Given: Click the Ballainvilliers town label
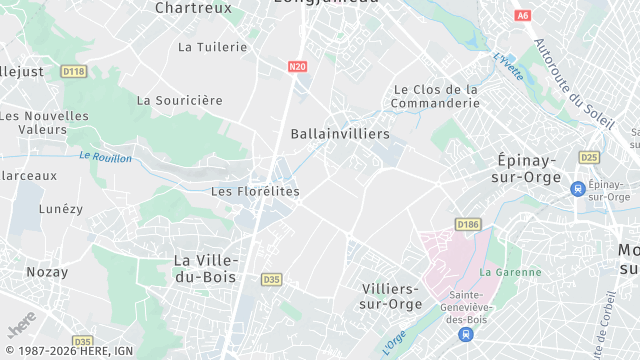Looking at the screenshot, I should click(340, 133).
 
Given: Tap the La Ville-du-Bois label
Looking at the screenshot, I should click(212, 268).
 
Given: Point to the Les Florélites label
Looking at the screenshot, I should click(255, 191).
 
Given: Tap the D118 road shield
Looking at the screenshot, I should click(73, 71).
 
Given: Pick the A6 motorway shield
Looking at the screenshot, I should click(522, 16).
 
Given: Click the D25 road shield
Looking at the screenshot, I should click(589, 157).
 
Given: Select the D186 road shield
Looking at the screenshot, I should click(466, 224).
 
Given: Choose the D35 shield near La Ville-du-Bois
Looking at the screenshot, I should click(271, 279).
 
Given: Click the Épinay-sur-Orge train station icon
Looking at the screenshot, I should click(577, 188).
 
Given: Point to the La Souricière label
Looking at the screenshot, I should click(180, 100).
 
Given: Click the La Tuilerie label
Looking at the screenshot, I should click(212, 46).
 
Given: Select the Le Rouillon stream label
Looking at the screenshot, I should click(105, 157).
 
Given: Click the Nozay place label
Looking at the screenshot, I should click(48, 271).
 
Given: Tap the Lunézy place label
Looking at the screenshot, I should click(61, 208).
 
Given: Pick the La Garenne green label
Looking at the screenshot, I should click(510, 271).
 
